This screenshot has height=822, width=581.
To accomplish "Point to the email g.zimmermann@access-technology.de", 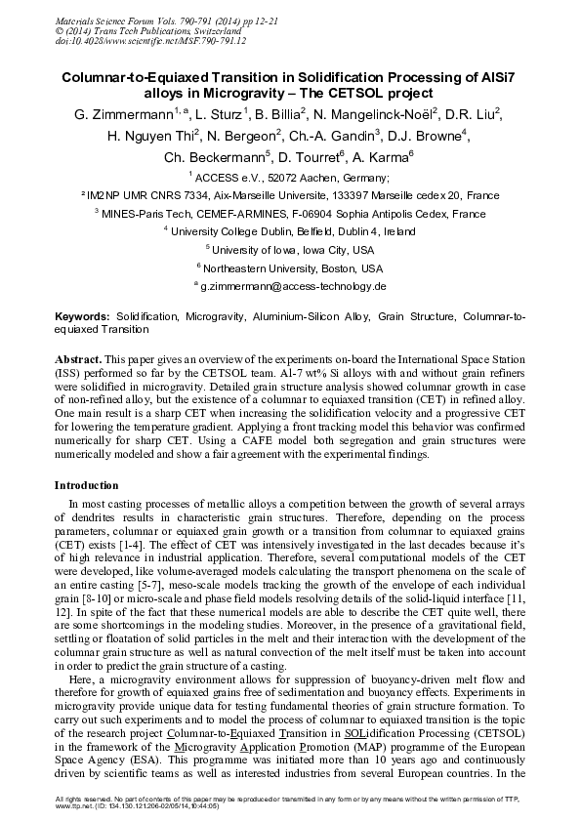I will (x=294, y=287).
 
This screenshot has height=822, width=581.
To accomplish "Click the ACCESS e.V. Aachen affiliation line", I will (x=291, y=178).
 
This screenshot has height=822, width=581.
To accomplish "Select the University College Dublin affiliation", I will (x=291, y=232).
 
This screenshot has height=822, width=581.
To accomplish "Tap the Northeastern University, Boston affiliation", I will (x=291, y=268).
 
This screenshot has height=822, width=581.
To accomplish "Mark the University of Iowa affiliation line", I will (x=291, y=250).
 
